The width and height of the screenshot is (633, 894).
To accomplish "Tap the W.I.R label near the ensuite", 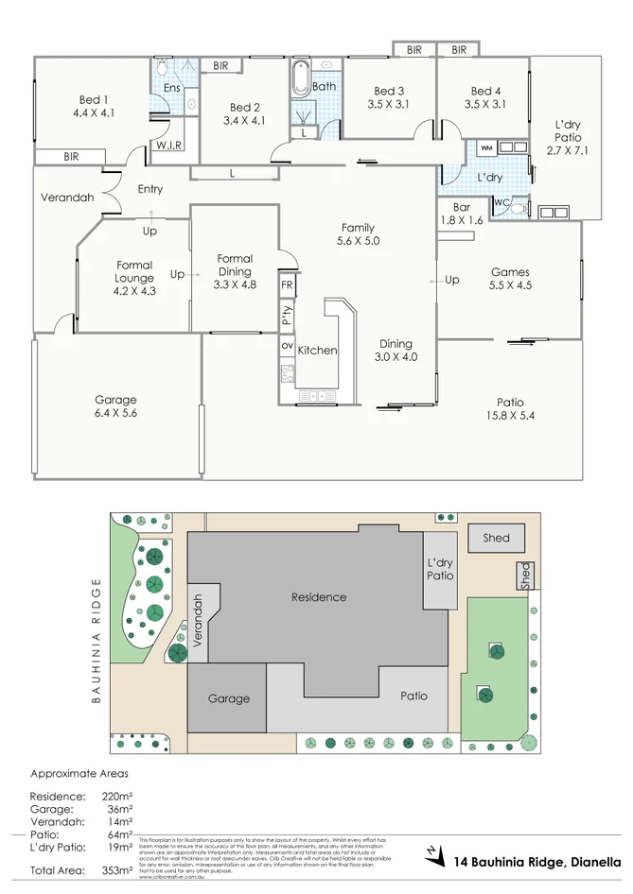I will (169, 145).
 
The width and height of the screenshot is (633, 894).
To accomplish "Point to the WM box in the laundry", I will (486, 148).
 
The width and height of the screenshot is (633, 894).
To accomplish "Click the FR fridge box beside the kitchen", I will (287, 284).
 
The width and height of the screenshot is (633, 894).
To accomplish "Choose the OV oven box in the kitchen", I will (287, 346).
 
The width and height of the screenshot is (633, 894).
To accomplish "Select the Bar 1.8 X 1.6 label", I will (462, 214).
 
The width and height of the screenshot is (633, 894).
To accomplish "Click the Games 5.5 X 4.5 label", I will (509, 278).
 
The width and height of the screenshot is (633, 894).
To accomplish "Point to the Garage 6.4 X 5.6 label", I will (115, 406).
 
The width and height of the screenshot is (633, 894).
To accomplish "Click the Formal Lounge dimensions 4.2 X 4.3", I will (134, 292).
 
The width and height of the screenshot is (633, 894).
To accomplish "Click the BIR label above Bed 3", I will (414, 50).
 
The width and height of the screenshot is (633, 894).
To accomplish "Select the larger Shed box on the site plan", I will (496, 538).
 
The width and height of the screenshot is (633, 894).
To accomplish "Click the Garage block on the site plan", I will (228, 698).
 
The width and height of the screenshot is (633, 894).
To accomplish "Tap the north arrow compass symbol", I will (434, 853).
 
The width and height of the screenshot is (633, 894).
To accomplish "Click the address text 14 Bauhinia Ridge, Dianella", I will (537, 861).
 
